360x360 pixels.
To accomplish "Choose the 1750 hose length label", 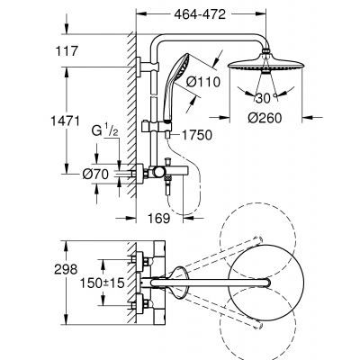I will [x=195, y=135].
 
